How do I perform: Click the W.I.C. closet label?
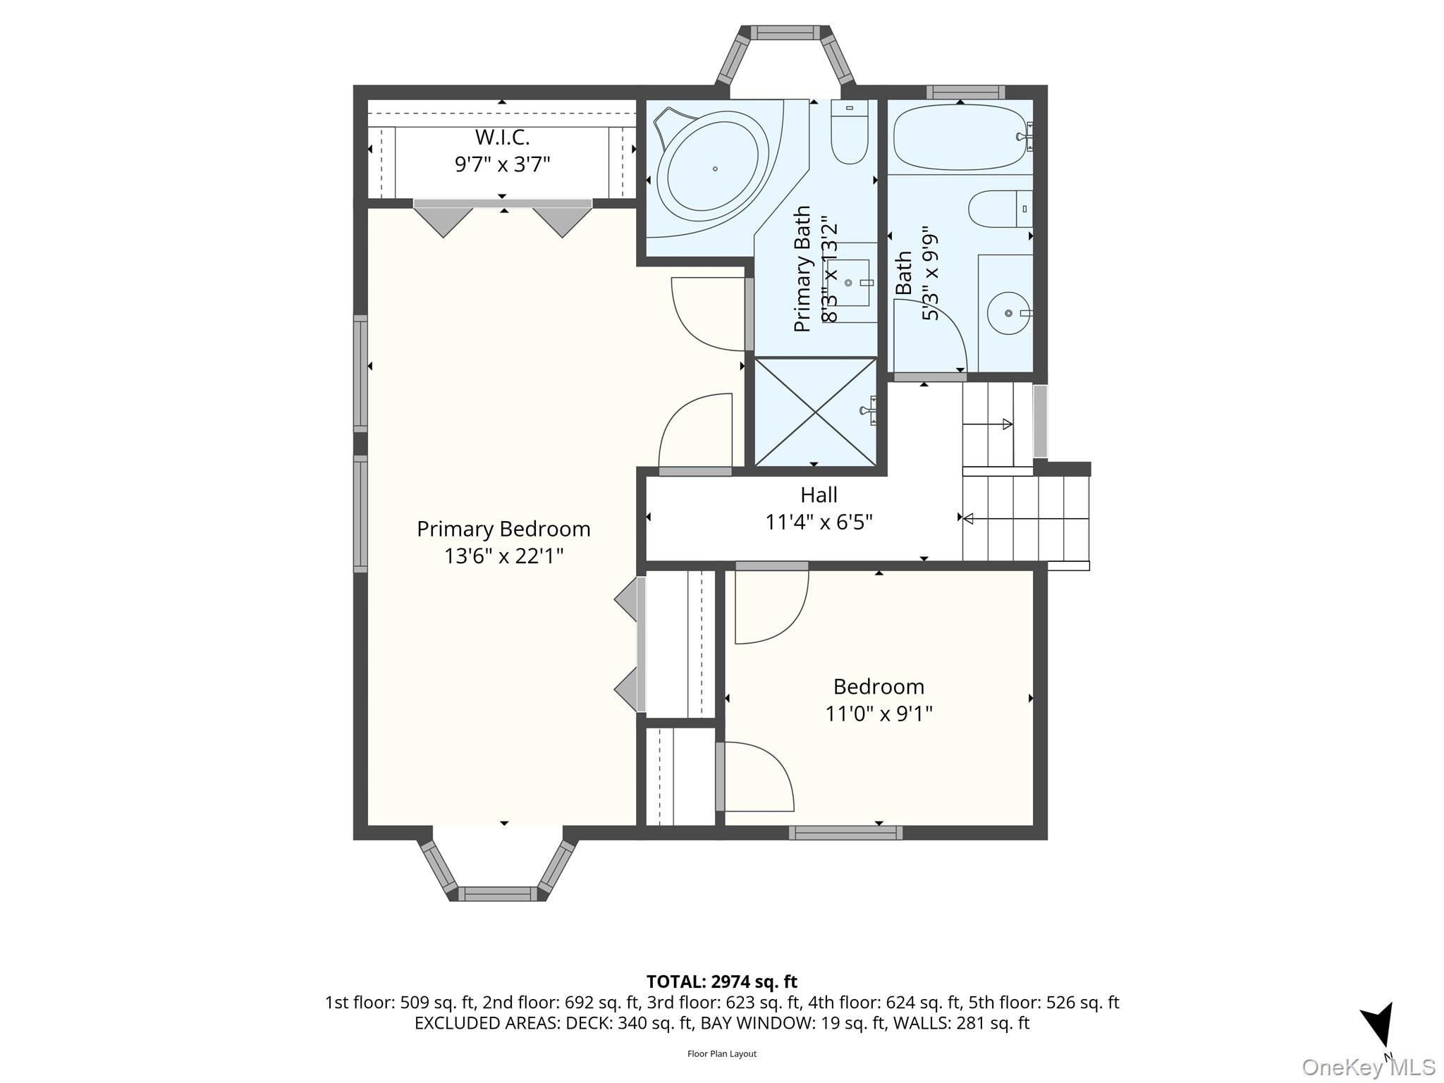502,137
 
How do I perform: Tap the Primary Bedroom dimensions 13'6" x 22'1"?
503,556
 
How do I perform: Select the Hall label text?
819,495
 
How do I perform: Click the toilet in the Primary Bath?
850,132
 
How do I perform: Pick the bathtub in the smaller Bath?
960,137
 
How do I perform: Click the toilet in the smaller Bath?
1001,209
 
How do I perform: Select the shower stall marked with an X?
816,412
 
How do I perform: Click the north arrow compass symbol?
1379,1030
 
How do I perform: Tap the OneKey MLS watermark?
1369,1067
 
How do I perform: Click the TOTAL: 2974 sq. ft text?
722,981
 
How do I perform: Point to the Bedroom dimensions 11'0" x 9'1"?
879,714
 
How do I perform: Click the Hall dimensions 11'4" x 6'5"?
819,522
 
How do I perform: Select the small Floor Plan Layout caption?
722,1054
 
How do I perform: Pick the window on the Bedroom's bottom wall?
845,833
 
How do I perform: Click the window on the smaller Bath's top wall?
965,92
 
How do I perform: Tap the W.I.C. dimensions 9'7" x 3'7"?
502,164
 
